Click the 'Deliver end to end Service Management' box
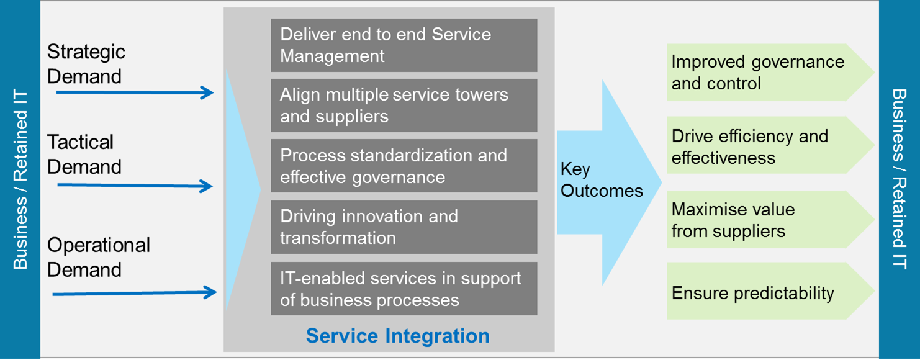404,45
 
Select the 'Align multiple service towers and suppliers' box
404,106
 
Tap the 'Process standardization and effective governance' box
404,166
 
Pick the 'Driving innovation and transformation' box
404,227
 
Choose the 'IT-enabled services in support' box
404,289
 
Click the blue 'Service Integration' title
397,336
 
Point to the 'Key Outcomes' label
602,180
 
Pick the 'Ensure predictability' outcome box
770,290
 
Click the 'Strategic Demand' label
86,64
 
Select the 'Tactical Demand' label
84,155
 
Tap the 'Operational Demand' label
99,258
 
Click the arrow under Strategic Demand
135,92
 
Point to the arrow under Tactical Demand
135,186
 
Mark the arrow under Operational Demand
135,293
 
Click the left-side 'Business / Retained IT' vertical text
20,179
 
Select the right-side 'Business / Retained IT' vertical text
900,179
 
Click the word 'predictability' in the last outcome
784,294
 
